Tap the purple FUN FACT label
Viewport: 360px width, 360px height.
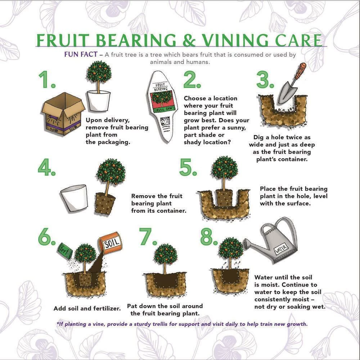[81, 54]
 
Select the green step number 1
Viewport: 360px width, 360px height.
[47, 80]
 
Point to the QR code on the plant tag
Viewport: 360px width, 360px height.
[165, 121]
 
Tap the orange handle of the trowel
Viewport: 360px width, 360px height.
[301, 71]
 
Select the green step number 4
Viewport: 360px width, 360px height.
[46, 167]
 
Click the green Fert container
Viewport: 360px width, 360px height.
[65, 251]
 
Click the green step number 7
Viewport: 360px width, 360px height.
[148, 237]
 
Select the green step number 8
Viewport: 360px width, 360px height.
[209, 237]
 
